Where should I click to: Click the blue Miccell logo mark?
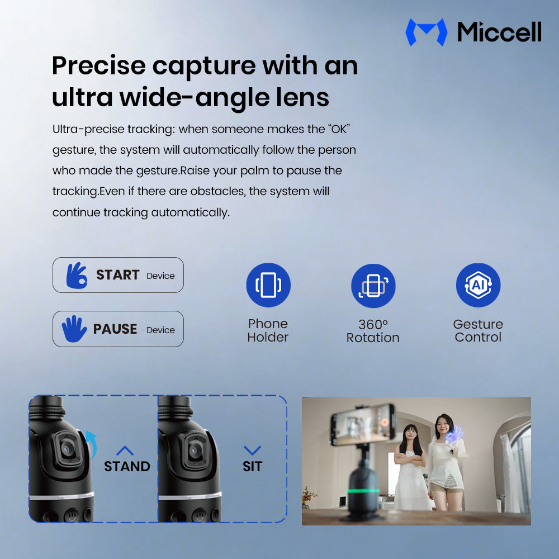[x=426, y=32]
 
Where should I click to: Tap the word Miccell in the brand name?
[x=499, y=32]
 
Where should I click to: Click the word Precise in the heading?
[x=99, y=67]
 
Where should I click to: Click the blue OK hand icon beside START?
[x=77, y=275]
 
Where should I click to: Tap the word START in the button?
[x=117, y=275]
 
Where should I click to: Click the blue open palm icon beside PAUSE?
[x=74, y=329]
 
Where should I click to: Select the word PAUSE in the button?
[x=115, y=329]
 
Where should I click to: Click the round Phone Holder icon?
[x=268, y=285]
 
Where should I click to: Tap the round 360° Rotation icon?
[x=373, y=286]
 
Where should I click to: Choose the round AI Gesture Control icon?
[x=478, y=285]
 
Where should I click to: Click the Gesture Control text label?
[x=478, y=330]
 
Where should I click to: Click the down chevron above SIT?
[x=253, y=450]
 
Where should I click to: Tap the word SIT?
[x=253, y=466]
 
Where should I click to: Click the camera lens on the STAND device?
[x=65, y=448]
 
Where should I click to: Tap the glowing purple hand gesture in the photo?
[x=454, y=434]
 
